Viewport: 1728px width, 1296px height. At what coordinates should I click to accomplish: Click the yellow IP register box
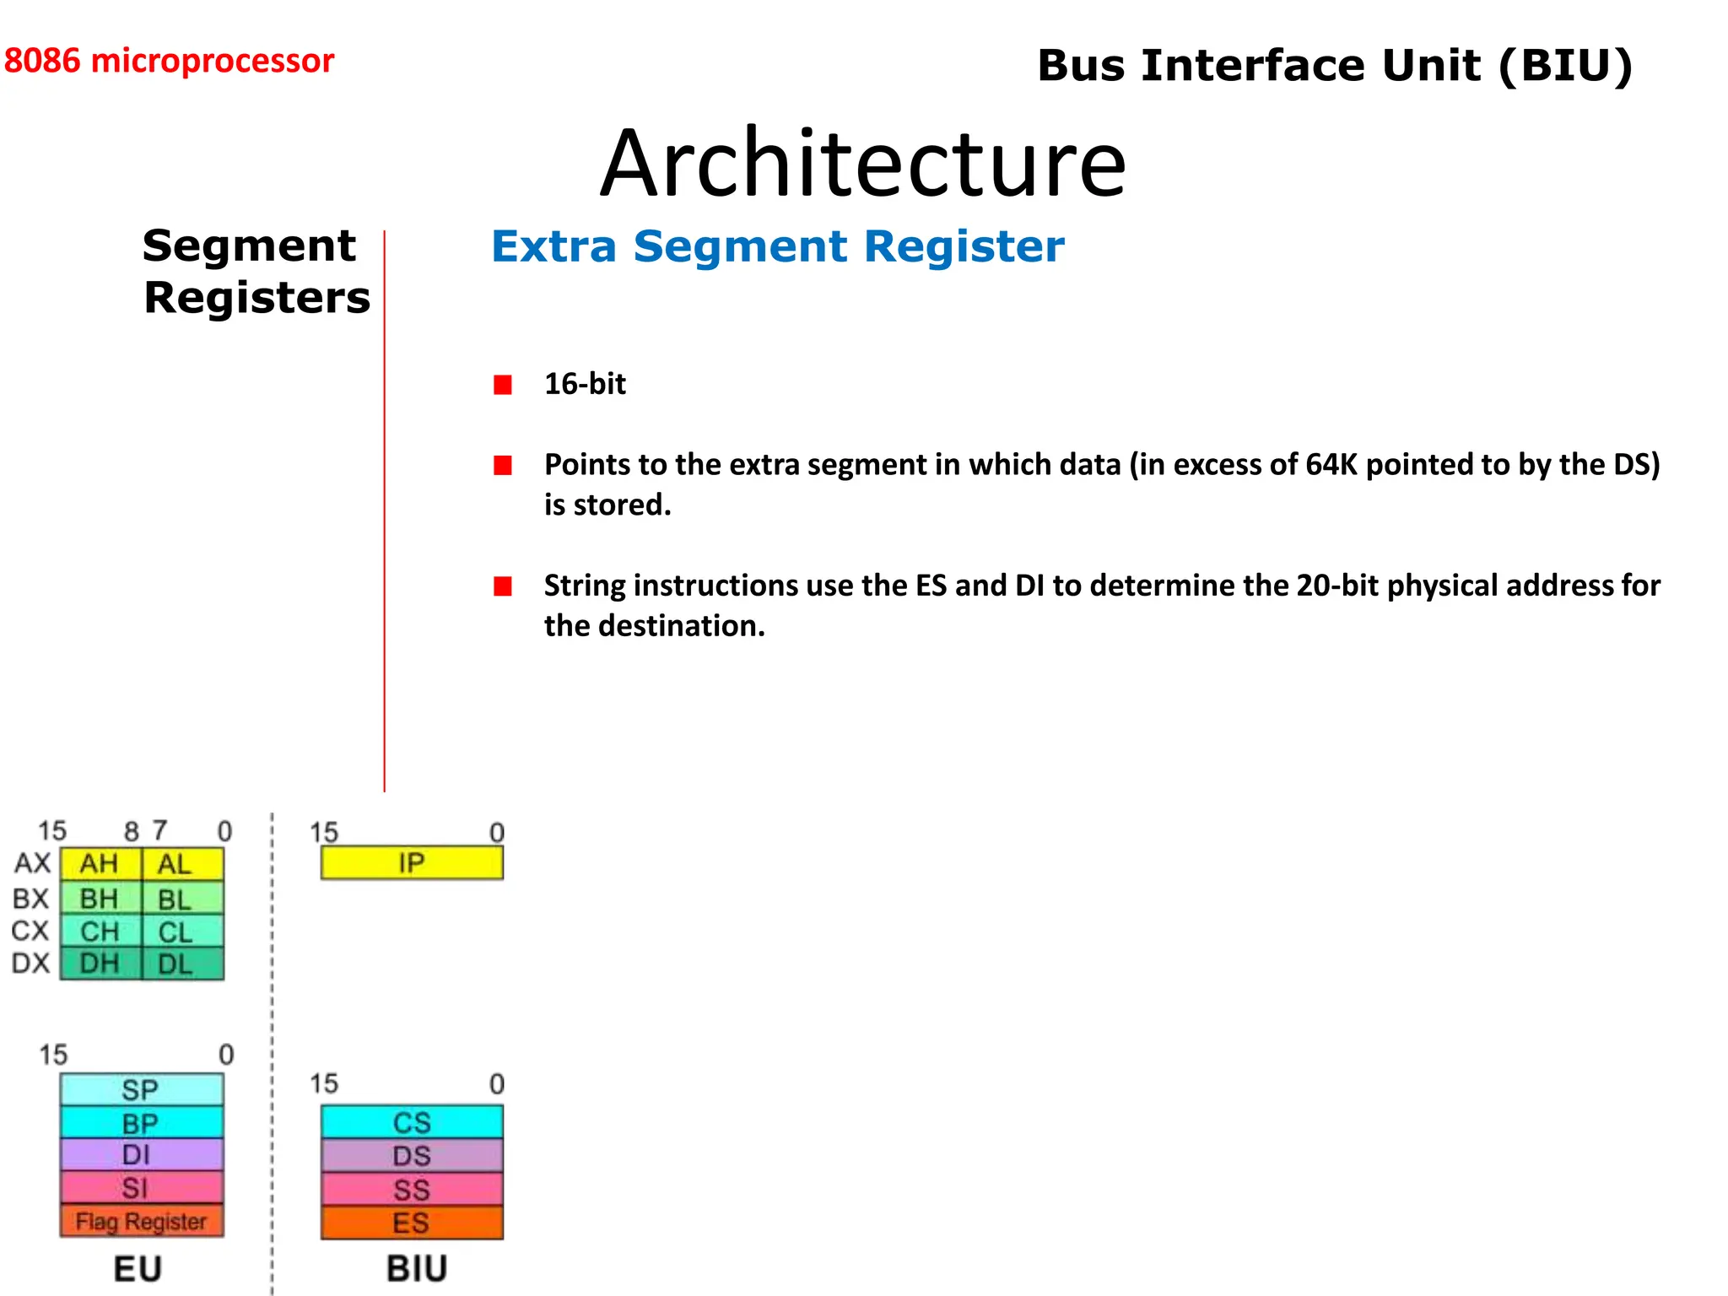(412, 863)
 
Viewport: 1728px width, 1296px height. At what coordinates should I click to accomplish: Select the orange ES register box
(412, 1223)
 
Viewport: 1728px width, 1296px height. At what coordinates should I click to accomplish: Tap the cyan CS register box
(412, 1122)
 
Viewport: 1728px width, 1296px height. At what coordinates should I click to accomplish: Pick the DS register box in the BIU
(412, 1156)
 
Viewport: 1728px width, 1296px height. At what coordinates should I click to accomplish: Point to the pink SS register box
(412, 1190)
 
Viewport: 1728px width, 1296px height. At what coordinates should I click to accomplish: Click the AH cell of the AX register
(100, 864)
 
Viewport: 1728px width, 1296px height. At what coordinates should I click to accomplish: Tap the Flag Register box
(142, 1221)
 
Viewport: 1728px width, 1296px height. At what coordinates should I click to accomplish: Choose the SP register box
(141, 1089)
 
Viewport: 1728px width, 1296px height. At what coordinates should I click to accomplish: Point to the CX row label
(30, 931)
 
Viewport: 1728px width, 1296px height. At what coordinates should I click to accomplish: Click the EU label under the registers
(138, 1268)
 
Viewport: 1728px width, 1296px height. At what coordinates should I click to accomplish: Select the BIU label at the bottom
(417, 1268)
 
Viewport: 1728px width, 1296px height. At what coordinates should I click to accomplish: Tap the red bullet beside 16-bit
(503, 385)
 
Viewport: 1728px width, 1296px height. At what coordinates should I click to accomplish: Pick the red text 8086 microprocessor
(169, 61)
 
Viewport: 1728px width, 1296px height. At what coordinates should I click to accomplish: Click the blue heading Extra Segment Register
(777, 246)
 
